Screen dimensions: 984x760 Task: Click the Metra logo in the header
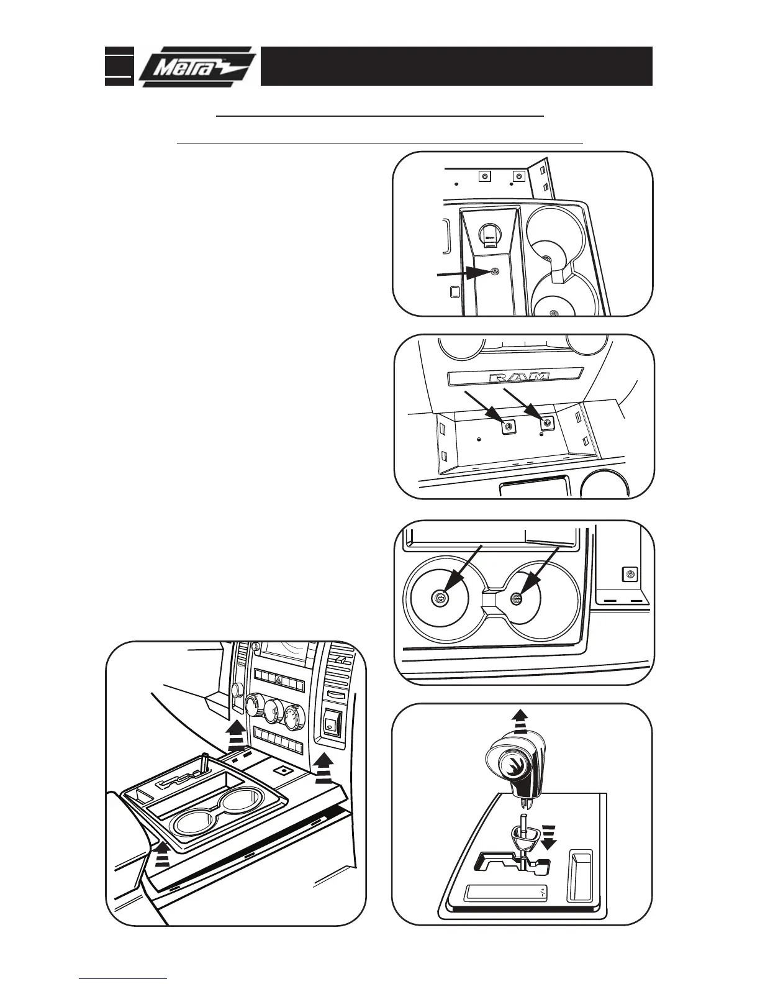[x=196, y=66]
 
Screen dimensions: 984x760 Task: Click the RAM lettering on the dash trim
[x=519, y=377]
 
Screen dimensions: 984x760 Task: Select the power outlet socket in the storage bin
[x=490, y=234]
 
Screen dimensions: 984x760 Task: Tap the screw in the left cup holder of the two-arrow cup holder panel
[x=440, y=598]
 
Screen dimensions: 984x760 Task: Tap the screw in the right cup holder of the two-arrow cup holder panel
[x=516, y=598]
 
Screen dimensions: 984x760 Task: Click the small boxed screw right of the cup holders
[x=631, y=574]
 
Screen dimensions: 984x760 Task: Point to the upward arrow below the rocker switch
[x=322, y=768]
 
